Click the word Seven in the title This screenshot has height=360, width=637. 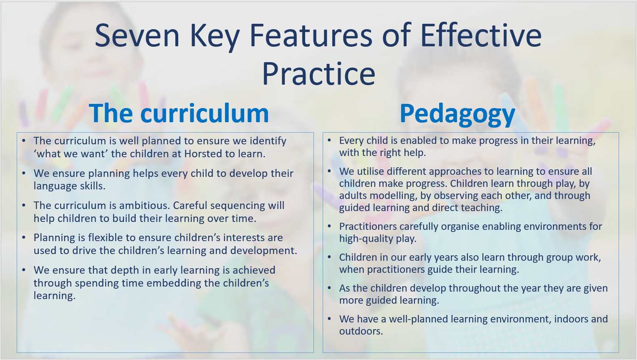tap(137, 35)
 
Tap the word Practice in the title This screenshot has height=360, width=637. tap(318, 74)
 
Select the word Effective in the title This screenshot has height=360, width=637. tap(481, 35)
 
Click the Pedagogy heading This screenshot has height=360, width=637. tap(457, 114)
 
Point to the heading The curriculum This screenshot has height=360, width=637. tap(179, 113)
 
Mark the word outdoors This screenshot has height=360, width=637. tap(361, 331)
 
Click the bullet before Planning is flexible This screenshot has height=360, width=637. tap(24, 237)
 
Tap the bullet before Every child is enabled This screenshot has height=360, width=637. tap(329, 140)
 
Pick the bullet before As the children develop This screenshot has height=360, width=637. tap(329, 288)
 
